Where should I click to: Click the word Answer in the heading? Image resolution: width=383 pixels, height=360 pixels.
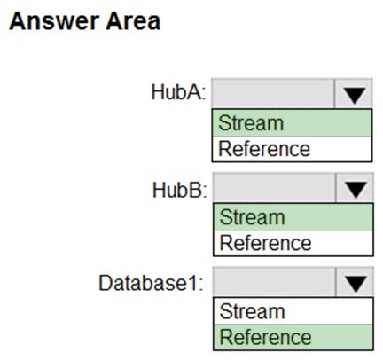[x=55, y=21]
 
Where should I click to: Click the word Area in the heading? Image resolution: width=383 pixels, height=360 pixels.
[x=133, y=21]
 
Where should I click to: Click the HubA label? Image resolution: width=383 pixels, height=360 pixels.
[x=178, y=92]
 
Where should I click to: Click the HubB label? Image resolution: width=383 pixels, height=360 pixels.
[x=179, y=190]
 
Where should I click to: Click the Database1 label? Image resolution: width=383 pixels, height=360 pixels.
[x=151, y=283]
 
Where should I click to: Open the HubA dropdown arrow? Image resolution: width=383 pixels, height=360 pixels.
[x=354, y=94]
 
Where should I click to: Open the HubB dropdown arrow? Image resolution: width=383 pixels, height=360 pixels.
[x=355, y=188]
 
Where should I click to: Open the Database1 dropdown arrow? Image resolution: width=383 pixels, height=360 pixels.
[x=355, y=282]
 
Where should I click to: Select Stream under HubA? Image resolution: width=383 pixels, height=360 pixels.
[x=251, y=123]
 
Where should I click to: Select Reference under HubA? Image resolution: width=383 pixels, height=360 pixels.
[x=264, y=149]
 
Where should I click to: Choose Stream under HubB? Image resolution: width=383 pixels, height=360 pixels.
[x=252, y=217]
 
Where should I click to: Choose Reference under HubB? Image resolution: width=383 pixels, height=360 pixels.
[x=265, y=243]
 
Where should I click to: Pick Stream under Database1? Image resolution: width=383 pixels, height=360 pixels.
[x=252, y=311]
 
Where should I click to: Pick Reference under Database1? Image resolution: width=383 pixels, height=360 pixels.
[x=265, y=337]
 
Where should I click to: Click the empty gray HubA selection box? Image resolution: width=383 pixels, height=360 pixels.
[x=273, y=94]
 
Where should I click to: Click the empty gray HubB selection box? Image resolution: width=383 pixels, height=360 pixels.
[x=274, y=188]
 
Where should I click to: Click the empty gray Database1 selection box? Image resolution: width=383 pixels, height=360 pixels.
[x=274, y=282]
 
